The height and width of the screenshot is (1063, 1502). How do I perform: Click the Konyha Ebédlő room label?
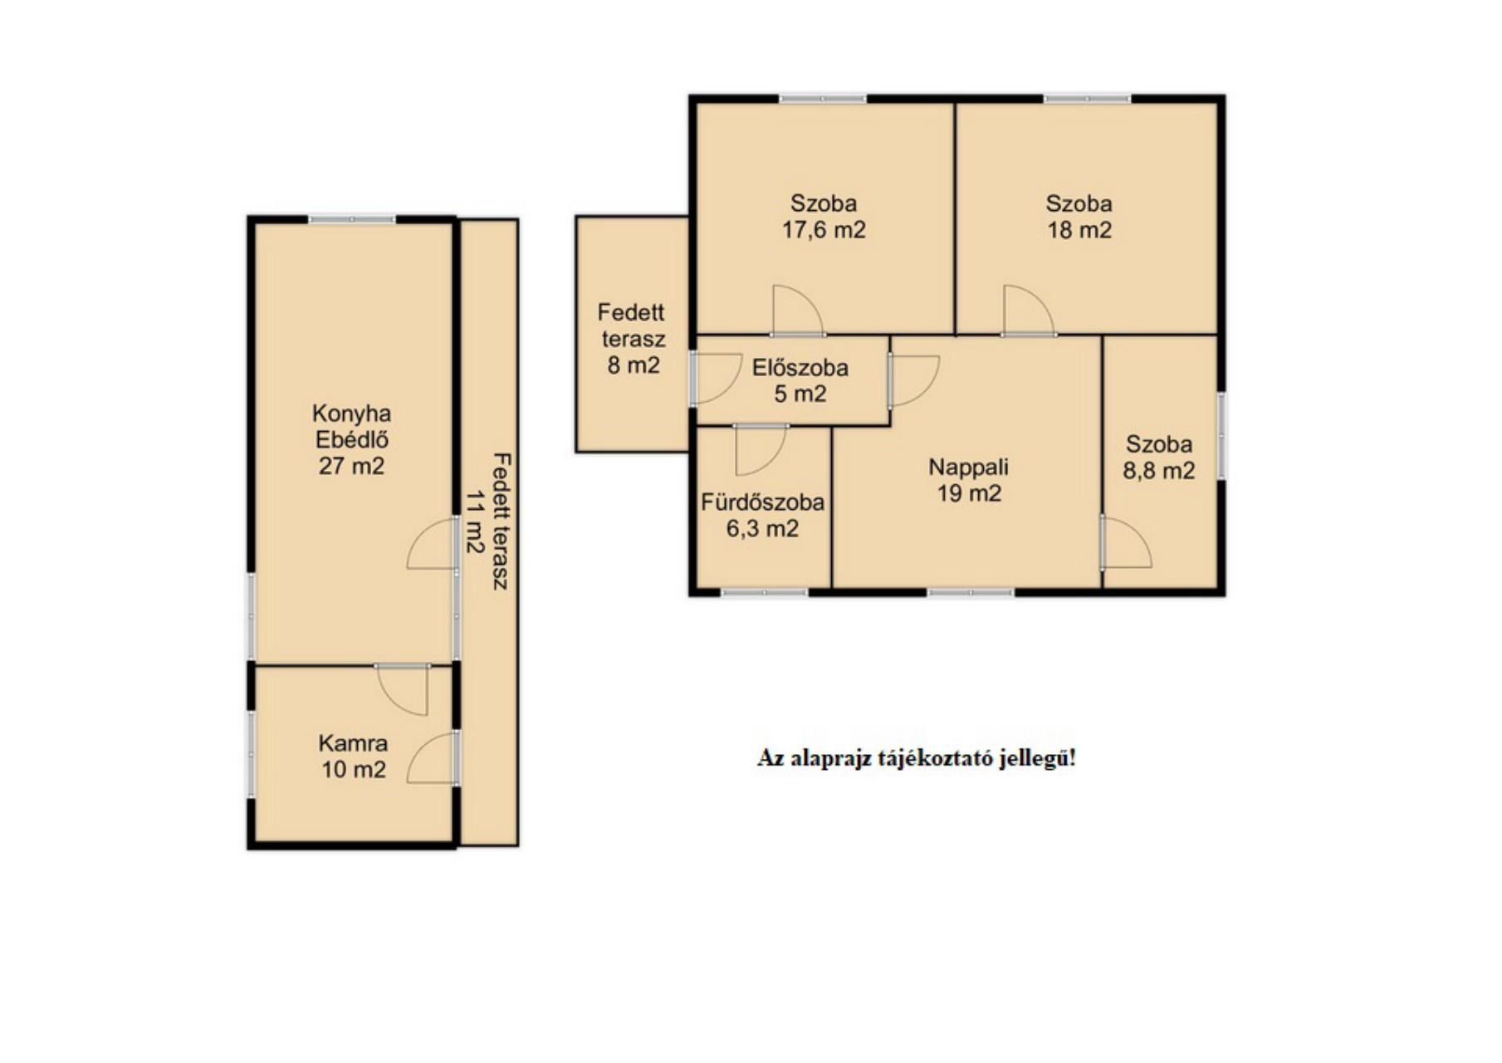352,439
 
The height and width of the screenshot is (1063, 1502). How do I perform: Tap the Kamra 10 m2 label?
354,756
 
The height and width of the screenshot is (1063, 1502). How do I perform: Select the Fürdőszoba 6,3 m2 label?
763,515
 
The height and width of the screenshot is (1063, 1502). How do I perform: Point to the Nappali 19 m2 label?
969,479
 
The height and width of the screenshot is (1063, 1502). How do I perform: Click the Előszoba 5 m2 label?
800,380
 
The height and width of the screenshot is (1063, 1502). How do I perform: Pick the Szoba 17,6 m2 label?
824,216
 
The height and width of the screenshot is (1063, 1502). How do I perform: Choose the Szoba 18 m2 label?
1079,216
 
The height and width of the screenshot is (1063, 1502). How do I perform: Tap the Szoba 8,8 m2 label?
1159,458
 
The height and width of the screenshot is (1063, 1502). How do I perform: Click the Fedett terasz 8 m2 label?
633,338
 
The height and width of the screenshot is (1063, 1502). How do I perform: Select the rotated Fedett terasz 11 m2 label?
487,522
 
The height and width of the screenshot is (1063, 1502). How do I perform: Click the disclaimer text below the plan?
916,758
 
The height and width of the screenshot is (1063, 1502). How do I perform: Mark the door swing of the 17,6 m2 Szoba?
798,311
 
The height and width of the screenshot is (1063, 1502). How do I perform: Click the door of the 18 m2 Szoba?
1029,311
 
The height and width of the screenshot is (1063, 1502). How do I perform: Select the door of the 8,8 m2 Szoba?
1126,543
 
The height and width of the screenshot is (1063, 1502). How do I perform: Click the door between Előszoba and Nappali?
913,381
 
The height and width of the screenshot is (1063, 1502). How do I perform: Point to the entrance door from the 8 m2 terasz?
716,380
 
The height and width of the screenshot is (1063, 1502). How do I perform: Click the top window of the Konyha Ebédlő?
352,219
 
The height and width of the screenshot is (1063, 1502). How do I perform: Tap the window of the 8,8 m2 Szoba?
1221,436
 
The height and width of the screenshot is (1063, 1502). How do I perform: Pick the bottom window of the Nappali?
971,592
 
